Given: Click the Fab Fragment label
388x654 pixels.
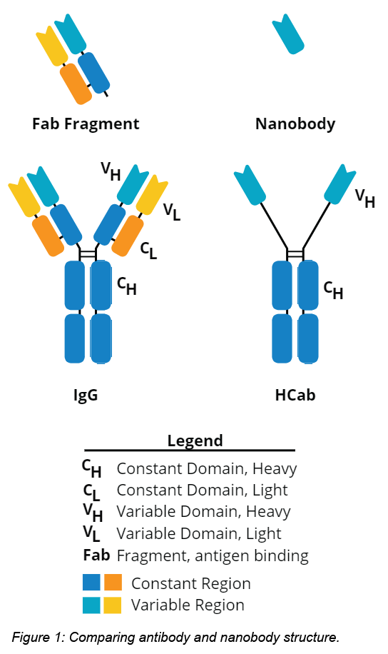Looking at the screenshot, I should click(x=86, y=124).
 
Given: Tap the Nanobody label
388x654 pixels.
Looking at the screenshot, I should click(x=295, y=124).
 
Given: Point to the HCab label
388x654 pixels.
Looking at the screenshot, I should click(x=295, y=395).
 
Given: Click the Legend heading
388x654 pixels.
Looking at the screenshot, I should click(x=195, y=441).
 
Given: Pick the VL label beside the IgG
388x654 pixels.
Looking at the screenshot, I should click(x=172, y=211).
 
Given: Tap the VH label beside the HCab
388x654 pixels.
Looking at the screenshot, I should click(x=365, y=198).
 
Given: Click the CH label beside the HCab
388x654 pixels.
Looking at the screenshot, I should click(x=333, y=289).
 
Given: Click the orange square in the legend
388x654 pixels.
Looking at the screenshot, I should click(x=113, y=583).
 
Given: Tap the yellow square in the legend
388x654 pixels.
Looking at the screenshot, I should click(x=113, y=605).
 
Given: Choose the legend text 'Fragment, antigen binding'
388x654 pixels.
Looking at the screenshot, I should click(x=213, y=555).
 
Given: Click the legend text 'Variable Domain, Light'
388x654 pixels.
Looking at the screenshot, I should click(x=199, y=533).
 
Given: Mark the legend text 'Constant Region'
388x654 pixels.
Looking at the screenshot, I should click(x=190, y=583).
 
